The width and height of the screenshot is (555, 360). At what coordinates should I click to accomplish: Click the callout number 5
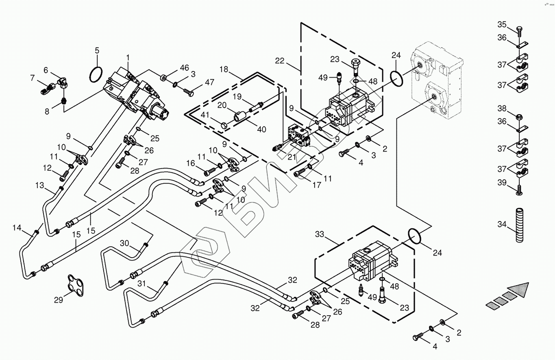pos(97,50)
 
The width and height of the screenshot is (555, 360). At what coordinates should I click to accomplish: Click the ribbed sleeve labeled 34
pos(519,225)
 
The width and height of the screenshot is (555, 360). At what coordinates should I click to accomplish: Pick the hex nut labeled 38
pos(519,116)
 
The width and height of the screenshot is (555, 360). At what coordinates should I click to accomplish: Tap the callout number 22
pos(280,61)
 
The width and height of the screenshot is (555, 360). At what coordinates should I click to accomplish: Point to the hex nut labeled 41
pos(224,126)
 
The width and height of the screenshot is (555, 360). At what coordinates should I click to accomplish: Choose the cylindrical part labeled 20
pos(240,116)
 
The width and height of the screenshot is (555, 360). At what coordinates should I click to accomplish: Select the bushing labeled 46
pos(163,78)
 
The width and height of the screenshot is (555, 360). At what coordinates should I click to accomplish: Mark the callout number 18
pos(224,69)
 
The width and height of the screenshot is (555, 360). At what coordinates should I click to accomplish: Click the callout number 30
pos(124,243)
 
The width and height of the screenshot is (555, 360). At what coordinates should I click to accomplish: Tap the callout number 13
pos(40,185)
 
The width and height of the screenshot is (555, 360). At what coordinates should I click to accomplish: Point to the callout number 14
pos(17,228)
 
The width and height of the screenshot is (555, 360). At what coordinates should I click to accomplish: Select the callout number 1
pos(128,57)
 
